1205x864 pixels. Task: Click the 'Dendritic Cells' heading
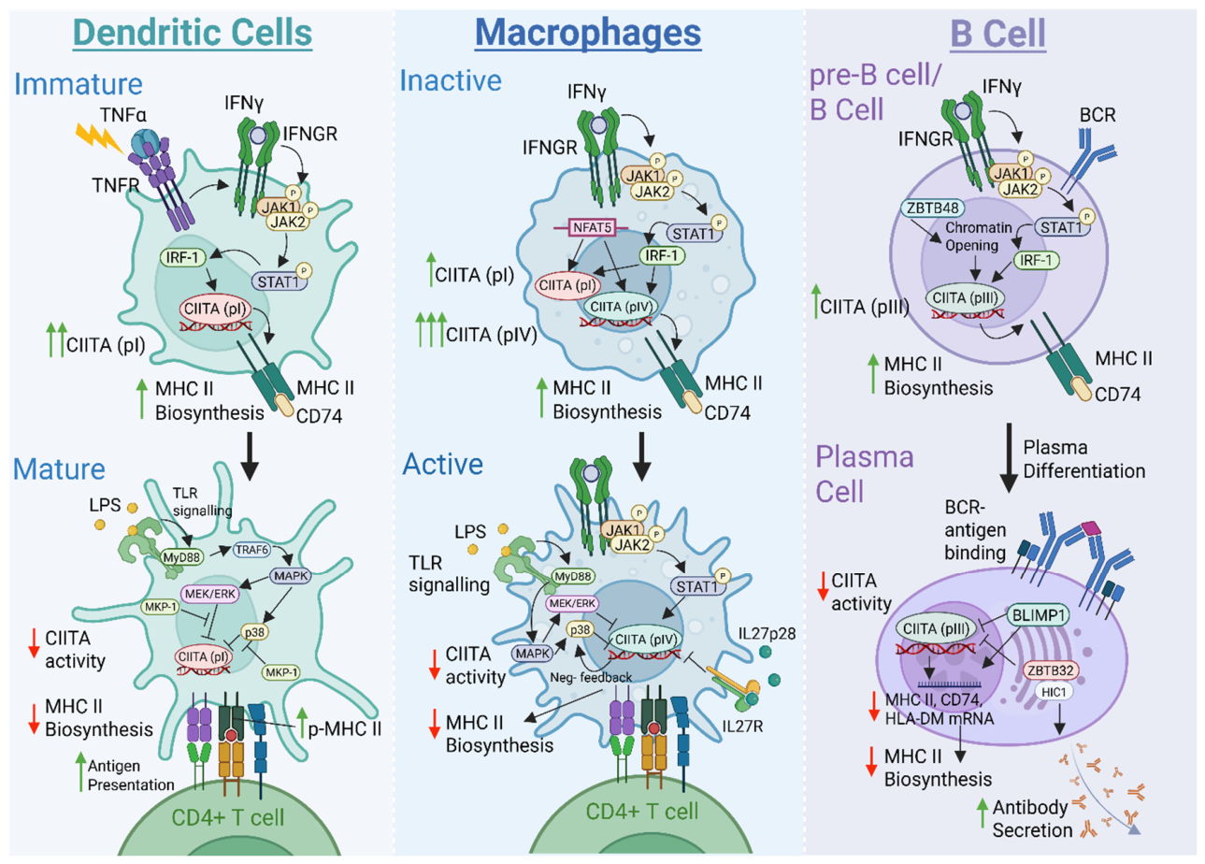192,33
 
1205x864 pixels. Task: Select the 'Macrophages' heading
588,33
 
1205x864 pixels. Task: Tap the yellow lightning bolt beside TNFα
99,138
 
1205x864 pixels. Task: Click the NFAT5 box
592,227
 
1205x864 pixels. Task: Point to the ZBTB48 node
933,208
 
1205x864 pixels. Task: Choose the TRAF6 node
251,550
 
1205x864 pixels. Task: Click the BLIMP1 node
1039,615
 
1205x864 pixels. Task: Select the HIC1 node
1054,692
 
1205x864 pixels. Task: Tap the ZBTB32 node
1050,670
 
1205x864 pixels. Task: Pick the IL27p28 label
767,633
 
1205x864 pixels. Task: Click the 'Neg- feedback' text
591,677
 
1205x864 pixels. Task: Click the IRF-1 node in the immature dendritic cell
183,258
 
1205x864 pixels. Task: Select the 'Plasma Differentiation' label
1084,459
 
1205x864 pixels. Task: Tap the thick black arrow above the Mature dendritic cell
251,455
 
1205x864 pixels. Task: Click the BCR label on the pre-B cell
1097,115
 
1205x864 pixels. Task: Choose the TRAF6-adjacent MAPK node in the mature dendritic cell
291,576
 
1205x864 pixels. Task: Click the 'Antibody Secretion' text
1031,819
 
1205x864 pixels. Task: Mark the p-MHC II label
344,729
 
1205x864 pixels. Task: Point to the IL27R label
742,727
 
